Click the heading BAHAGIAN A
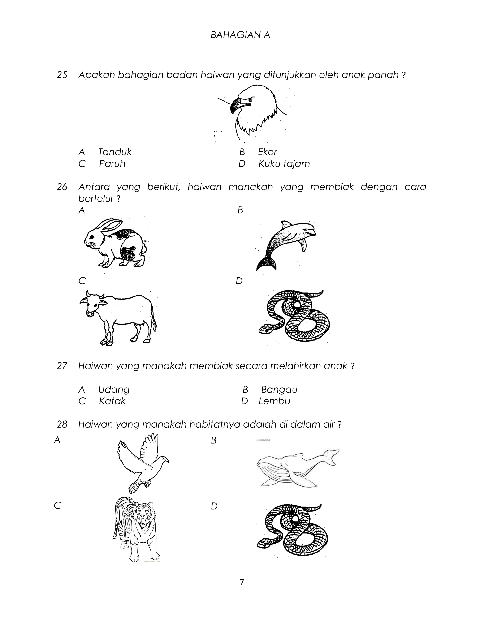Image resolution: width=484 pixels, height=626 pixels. (240, 35)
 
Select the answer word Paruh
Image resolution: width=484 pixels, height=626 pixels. (112, 164)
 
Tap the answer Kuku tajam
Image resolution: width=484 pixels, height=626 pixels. (284, 164)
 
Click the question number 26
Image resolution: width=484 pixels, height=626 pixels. (62, 187)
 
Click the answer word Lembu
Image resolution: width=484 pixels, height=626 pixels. (274, 401)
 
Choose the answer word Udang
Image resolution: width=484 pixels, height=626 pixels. (114, 390)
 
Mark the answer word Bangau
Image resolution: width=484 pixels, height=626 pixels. (279, 390)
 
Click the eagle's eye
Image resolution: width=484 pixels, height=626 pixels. (250, 100)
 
